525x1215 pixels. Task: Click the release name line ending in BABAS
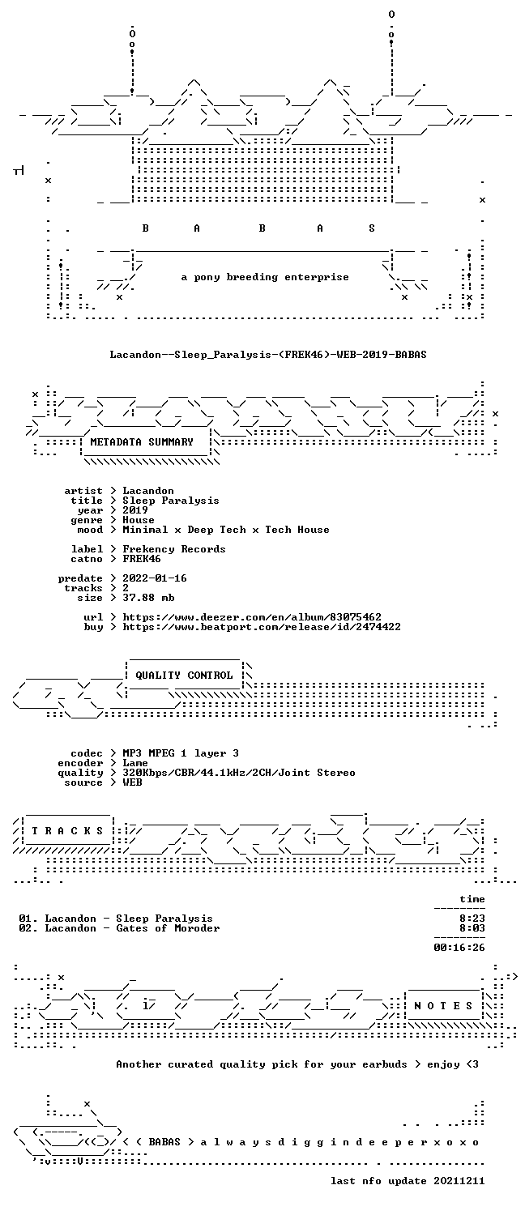tap(268, 355)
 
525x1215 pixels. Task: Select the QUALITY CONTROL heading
tap(184, 676)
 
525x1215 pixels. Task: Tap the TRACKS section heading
tap(67, 830)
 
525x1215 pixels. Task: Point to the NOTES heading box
tap(443, 1006)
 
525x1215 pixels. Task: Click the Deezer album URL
tap(252, 617)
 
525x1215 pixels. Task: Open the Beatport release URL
tap(262, 627)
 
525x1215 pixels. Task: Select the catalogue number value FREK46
tap(142, 559)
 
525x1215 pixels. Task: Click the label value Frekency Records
tap(173, 549)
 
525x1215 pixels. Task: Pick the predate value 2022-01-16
tap(155, 578)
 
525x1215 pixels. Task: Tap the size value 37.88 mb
tap(148, 598)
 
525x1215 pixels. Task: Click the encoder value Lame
tap(135, 763)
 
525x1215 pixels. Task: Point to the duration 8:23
tap(472, 919)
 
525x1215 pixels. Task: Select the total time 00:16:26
tap(459, 948)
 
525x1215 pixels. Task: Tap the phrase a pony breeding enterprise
tap(265, 277)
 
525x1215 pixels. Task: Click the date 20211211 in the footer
tap(459, 1181)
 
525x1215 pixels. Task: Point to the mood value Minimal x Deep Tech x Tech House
tap(225, 530)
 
